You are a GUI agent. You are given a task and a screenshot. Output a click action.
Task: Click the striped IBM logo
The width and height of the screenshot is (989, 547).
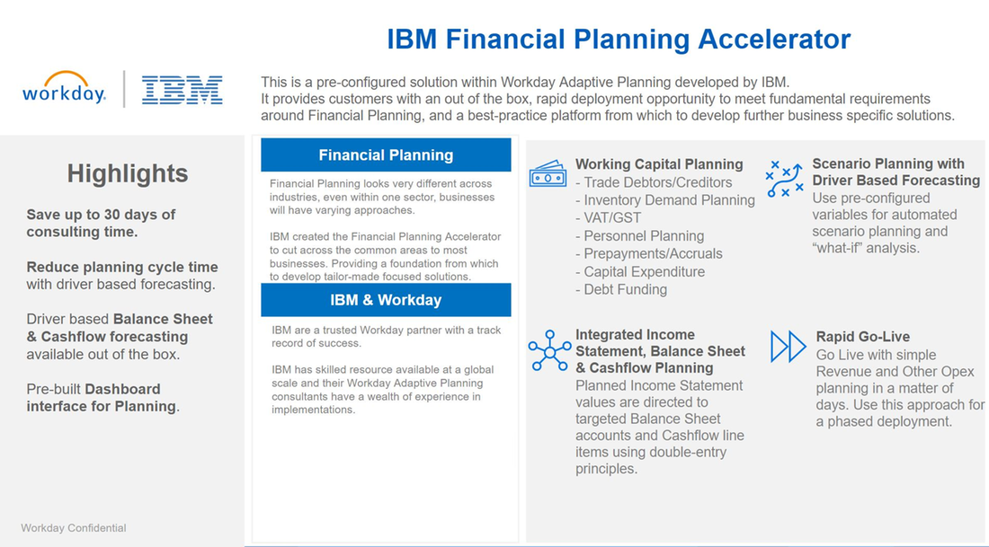point(183,90)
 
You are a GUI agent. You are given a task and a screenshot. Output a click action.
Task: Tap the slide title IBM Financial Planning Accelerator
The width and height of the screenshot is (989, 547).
point(618,40)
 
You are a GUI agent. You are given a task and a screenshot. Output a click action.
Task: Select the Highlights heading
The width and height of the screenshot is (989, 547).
point(128,173)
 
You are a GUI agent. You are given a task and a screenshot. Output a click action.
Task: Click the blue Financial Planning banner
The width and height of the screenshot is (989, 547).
point(386,155)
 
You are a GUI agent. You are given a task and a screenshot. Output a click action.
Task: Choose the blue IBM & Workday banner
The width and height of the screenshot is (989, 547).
point(386,300)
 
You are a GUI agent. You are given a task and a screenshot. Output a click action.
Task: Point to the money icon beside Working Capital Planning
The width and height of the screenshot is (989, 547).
point(547,173)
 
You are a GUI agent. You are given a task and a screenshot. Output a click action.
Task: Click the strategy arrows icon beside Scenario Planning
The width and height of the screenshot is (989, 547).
point(784,177)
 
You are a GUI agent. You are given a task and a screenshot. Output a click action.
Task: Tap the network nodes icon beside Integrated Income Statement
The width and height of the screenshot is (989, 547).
point(548,350)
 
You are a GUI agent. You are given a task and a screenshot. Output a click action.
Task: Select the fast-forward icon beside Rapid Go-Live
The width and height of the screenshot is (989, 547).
point(789,347)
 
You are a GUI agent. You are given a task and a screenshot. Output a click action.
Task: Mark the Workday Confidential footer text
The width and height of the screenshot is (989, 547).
point(74,528)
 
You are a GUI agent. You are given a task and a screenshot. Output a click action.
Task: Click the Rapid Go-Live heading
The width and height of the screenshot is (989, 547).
point(862,337)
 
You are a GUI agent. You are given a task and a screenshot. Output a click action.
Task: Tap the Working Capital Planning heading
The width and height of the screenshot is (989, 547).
point(659,164)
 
